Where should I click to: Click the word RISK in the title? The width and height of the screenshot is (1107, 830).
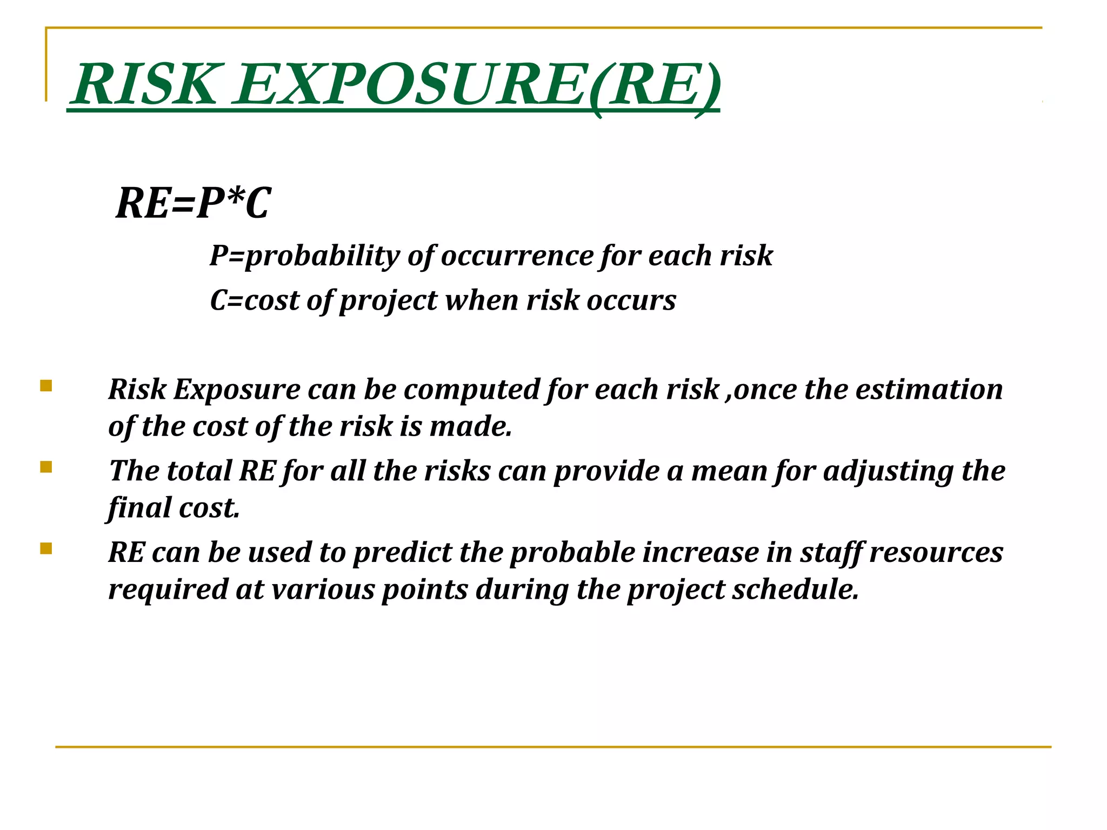[146, 85]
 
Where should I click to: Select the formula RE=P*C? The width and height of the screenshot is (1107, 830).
[193, 203]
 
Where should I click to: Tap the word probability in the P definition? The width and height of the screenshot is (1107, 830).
[321, 256]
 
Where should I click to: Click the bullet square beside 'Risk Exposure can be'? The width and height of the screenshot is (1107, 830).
[46, 386]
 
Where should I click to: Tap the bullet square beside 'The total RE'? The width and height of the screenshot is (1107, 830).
[46, 467]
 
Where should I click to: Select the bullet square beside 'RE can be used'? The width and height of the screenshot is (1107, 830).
[46, 549]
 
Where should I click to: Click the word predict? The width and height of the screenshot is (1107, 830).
[402, 553]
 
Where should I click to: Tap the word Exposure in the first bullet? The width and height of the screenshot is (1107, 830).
[236, 389]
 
